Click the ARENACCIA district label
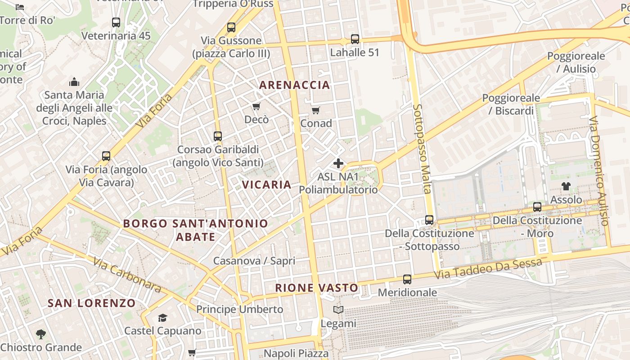click(x=295, y=85)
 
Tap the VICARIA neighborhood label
click(x=267, y=184)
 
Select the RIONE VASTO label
click(x=317, y=288)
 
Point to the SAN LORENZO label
click(x=92, y=303)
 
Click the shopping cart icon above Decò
click(x=256, y=107)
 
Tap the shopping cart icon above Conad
click(x=316, y=110)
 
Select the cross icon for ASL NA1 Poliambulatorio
click(x=338, y=163)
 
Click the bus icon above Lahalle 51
click(x=355, y=39)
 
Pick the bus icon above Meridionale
click(x=407, y=279)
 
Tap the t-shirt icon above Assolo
click(x=566, y=186)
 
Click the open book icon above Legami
click(x=338, y=310)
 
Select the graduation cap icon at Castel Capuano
click(x=162, y=318)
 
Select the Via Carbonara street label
click(x=127, y=275)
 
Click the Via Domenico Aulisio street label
click(x=600, y=171)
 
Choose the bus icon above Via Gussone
click(x=231, y=27)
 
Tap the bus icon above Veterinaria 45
click(x=116, y=22)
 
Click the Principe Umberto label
click(x=239, y=310)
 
